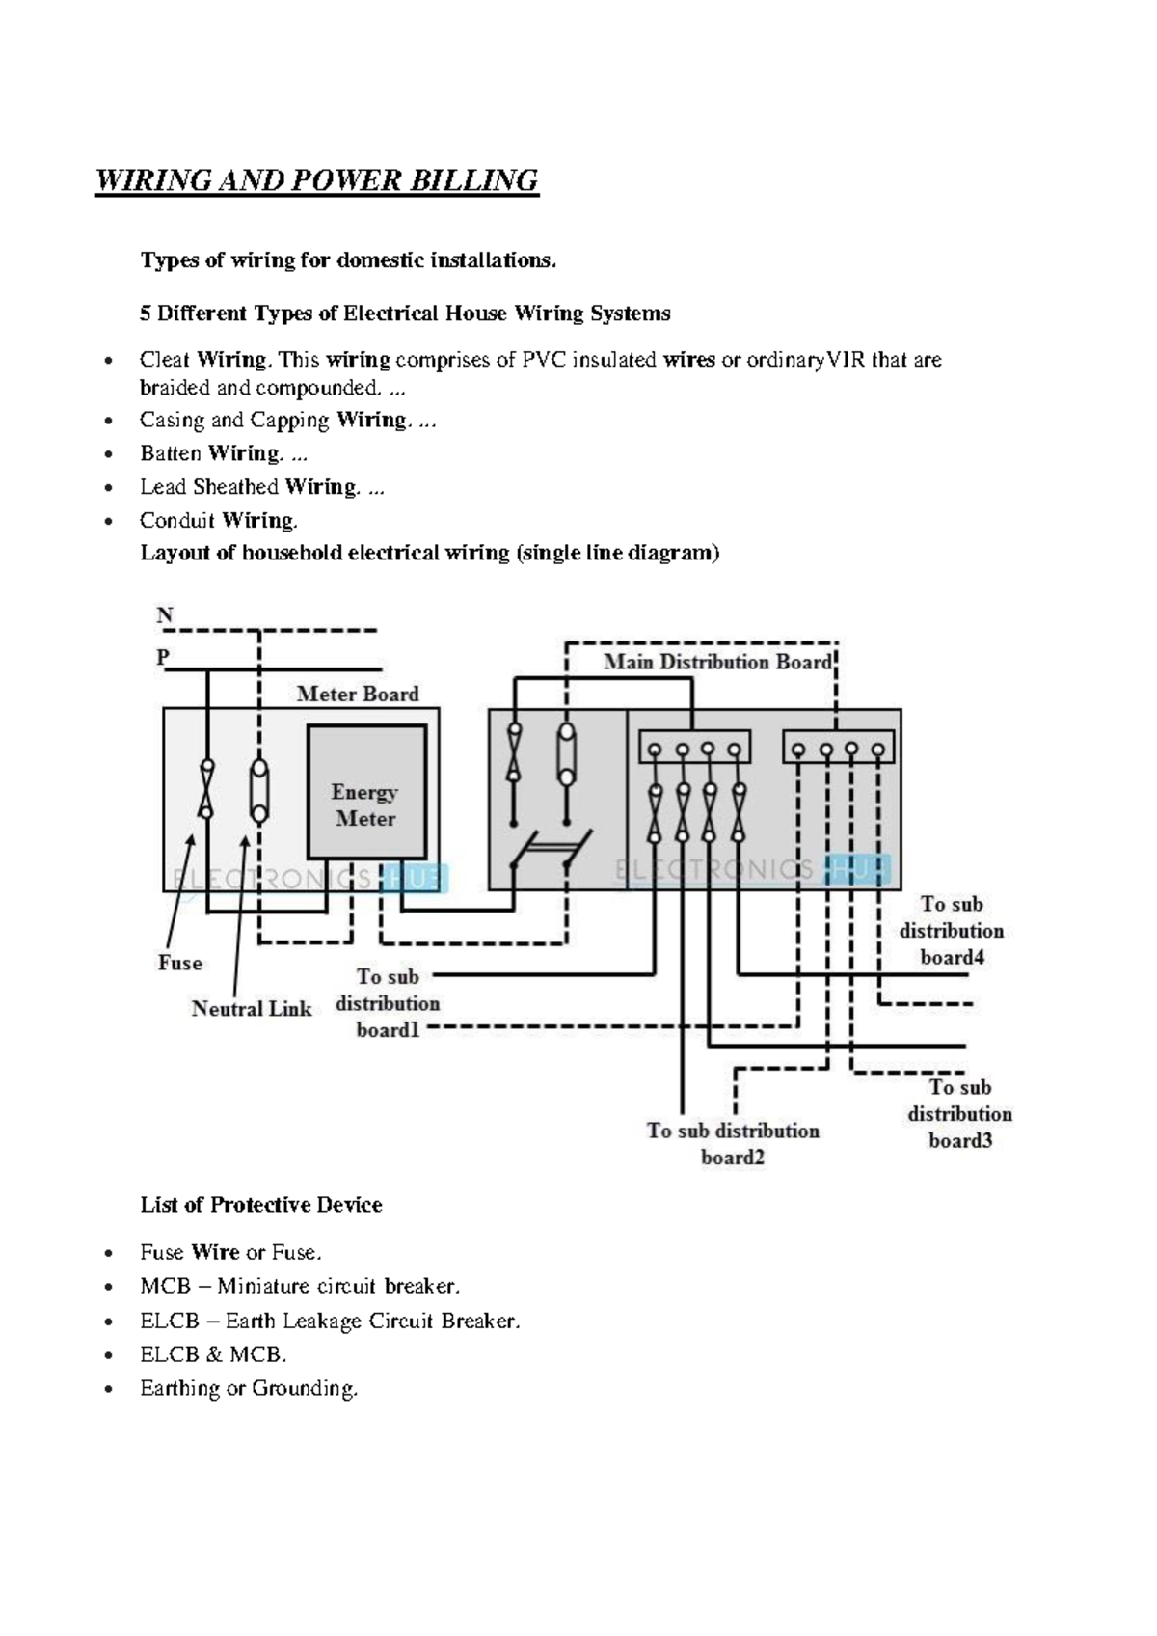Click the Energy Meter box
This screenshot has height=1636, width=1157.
pos(365,793)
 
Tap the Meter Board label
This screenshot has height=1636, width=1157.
pos(357,694)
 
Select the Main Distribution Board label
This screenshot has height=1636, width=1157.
pos(717,662)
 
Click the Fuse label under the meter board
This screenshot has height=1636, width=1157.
pos(180,963)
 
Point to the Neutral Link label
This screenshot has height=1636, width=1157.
pos(251,1008)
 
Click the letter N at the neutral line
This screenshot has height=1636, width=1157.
pos(165,614)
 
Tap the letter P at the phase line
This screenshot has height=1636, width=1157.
pos(163,657)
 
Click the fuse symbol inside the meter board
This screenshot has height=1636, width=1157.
pos(206,788)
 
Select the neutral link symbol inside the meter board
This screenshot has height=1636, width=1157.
pos(259,788)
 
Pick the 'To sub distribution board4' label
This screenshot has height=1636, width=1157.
pos(951,931)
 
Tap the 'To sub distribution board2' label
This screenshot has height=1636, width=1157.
pos(733,1143)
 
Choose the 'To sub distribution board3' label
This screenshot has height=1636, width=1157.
pos(959,1114)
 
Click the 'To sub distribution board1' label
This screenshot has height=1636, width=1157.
pos(388,1003)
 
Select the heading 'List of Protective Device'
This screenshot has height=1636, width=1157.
pos(261,1204)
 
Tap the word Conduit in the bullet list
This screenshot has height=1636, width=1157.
pos(176,521)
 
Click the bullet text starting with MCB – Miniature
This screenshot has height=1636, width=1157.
pos(300,1286)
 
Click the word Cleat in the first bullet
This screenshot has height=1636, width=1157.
pos(164,360)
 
